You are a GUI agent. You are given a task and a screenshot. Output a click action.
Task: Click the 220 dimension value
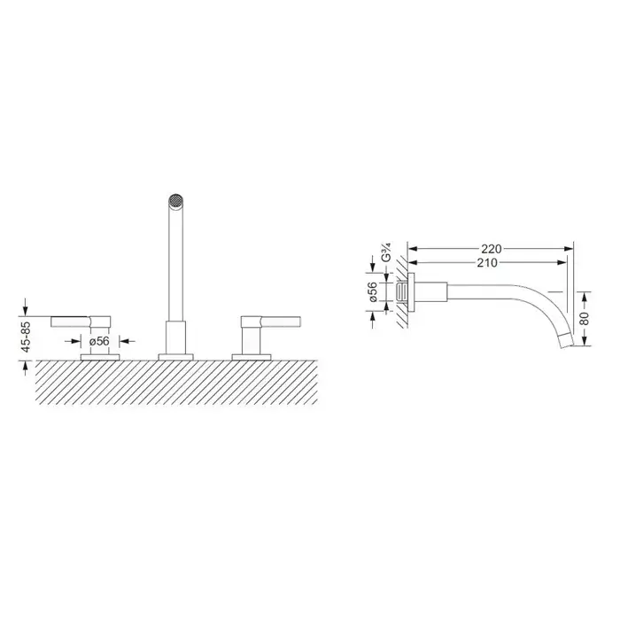[x=491, y=249]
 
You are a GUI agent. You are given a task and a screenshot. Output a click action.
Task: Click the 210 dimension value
[x=487, y=263]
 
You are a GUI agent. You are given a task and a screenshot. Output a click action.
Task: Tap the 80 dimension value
[x=585, y=318]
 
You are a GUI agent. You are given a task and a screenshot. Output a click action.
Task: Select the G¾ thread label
[x=387, y=252]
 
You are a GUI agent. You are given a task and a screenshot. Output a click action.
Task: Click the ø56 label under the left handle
[x=99, y=341]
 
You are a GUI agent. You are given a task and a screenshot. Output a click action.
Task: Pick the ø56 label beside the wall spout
[x=373, y=291]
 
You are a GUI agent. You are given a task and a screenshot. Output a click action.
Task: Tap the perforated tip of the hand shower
[x=174, y=200]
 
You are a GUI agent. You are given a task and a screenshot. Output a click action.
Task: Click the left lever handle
[x=81, y=322]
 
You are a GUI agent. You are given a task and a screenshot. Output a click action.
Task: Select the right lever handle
[x=271, y=322]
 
